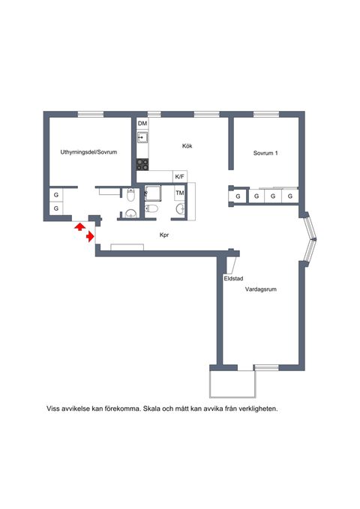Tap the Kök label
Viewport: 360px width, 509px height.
(187, 145)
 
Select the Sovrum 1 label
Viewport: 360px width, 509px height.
(265, 153)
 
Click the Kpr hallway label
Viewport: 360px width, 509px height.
(164, 235)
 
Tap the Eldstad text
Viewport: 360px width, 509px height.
(233, 278)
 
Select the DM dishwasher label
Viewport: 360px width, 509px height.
(142, 123)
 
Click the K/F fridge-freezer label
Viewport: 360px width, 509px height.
(179, 176)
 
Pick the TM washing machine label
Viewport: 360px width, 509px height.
(180, 193)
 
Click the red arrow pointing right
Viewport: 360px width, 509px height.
(90, 237)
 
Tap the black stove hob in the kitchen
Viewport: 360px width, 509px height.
(142, 163)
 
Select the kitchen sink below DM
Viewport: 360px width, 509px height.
(142, 137)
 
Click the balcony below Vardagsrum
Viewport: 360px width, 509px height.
(232, 383)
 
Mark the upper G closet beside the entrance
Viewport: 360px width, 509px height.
(56, 195)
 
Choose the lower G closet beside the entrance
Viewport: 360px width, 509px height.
(56, 208)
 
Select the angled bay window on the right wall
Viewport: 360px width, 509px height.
(309, 238)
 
